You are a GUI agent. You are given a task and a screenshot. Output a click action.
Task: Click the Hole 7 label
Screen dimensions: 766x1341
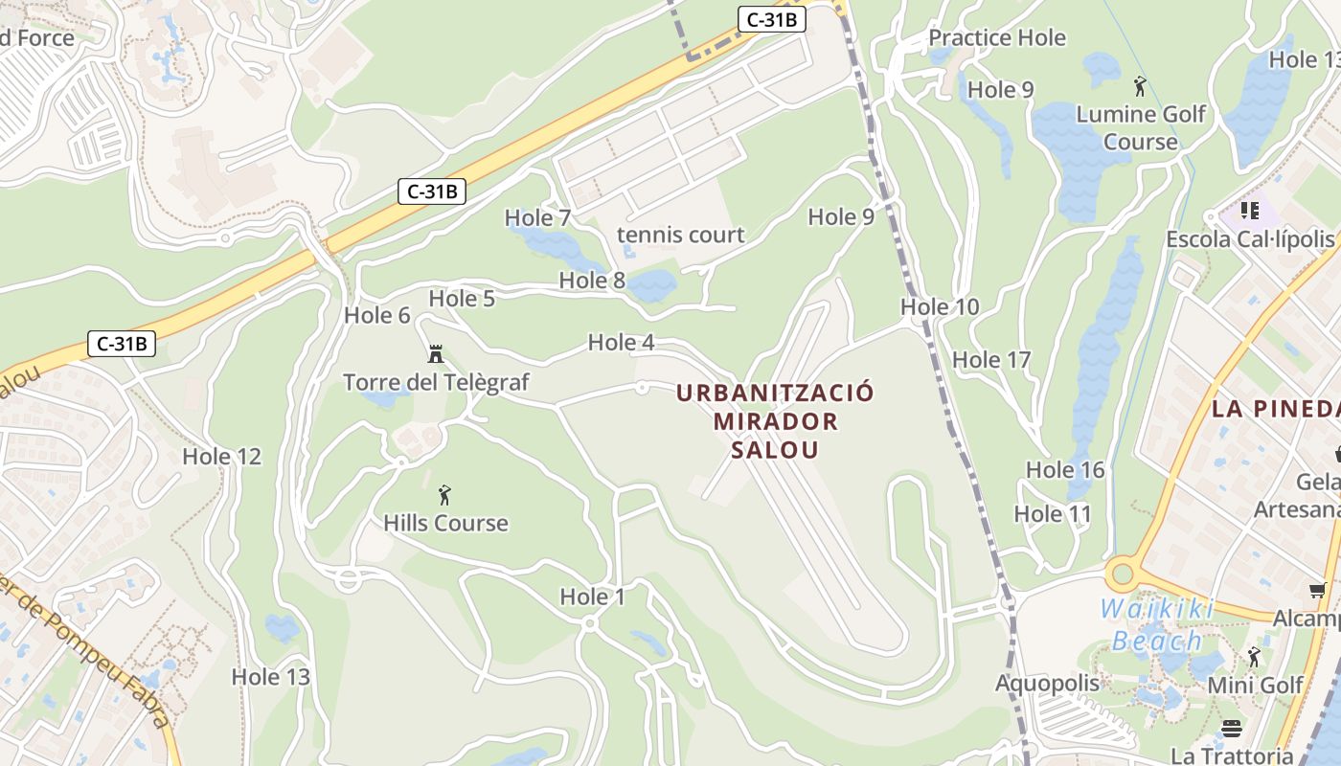coord(537,218)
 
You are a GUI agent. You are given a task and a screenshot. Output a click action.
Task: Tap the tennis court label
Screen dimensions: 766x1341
coord(680,235)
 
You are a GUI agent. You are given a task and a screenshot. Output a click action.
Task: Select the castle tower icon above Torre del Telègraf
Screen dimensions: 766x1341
coord(436,354)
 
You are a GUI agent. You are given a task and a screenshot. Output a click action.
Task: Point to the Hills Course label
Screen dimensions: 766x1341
coord(445,523)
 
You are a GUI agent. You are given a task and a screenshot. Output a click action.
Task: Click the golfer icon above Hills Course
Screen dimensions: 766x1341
coord(444,495)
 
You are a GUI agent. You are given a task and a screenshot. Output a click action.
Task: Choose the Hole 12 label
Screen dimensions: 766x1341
coord(221,457)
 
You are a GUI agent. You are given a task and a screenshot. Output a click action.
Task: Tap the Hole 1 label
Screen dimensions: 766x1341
coord(592,597)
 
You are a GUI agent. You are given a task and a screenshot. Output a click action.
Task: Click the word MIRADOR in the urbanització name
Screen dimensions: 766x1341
coord(775,421)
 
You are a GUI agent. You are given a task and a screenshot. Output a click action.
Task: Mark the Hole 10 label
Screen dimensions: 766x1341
coord(940,307)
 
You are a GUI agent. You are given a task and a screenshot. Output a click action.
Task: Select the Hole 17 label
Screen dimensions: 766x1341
coord(991,360)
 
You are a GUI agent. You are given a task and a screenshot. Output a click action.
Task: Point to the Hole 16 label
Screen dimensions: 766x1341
coord(1065,470)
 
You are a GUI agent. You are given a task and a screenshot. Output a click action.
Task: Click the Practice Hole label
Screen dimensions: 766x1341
coord(997,38)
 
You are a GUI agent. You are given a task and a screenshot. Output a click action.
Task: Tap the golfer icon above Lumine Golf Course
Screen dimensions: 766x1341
coord(1139,87)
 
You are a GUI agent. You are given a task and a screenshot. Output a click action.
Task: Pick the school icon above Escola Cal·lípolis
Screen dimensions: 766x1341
coord(1249,210)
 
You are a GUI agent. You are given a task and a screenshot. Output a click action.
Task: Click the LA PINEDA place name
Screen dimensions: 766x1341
coord(1275,409)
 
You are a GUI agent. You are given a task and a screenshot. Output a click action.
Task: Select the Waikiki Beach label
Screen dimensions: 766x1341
coord(1157,624)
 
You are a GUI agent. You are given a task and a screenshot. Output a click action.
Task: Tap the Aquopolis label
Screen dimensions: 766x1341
coord(1047,684)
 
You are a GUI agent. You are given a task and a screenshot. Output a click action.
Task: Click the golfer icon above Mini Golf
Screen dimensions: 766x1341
coord(1254,657)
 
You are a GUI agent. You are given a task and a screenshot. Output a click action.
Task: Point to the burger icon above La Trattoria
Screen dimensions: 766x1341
coord(1232,729)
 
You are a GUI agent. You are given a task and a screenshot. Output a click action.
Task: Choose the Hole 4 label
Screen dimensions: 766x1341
coord(621,343)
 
